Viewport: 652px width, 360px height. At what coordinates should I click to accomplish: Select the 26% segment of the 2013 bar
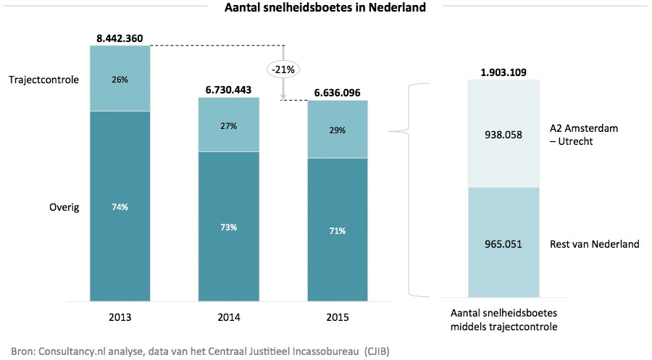click(120, 79)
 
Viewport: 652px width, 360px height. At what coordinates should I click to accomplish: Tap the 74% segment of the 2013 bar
click(120, 206)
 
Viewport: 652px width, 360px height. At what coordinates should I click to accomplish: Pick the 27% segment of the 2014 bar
click(229, 125)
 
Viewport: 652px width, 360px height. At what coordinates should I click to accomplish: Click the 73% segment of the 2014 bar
click(229, 227)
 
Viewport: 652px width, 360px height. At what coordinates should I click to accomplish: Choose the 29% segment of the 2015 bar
click(338, 130)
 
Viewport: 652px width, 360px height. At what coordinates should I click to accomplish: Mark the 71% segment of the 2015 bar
click(338, 231)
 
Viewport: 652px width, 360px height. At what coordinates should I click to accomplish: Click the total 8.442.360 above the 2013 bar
click(120, 37)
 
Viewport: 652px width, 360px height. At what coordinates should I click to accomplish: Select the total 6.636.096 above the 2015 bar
click(338, 93)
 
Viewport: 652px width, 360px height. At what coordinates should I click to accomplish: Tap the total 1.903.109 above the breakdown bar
click(504, 72)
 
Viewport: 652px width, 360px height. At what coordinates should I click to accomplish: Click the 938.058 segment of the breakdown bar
click(504, 134)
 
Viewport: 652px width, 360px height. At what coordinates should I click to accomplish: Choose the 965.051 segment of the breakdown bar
click(504, 244)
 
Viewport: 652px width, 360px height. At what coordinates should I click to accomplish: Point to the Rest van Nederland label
click(595, 244)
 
